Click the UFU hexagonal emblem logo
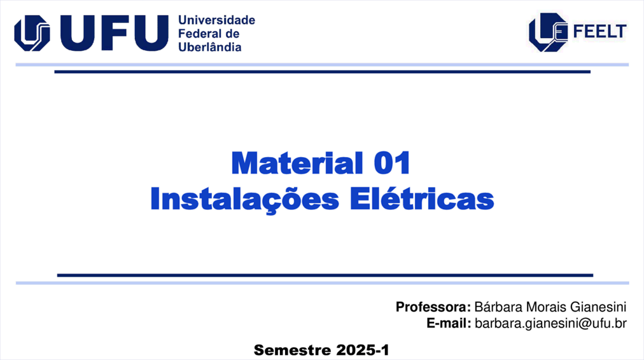coord(32,33)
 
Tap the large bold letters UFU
coord(114,33)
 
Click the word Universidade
coord(216,20)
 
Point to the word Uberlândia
coord(210,46)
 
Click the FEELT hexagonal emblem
coord(548,32)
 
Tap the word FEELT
coord(599,32)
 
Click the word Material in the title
coord(297,163)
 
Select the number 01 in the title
coord(392,163)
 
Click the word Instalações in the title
coord(245,200)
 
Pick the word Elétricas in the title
coord(422,198)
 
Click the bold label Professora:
coord(433,307)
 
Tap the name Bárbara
coord(498,307)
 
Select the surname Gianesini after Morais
coord(598,307)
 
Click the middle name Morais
coord(546,307)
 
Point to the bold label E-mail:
coord(449,324)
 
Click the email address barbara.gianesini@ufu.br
coord(550,324)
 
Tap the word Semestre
coord(293,350)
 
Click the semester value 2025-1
coord(363,350)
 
